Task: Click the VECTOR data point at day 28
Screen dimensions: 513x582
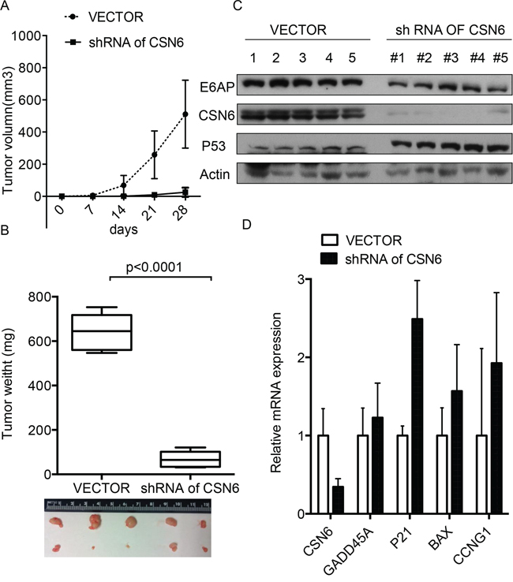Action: pyautogui.click(x=185, y=114)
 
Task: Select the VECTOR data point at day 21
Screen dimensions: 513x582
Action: pyautogui.click(x=154, y=155)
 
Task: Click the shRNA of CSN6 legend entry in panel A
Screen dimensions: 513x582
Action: pyautogui.click(x=125, y=43)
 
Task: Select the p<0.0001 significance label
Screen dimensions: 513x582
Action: pyautogui.click(x=154, y=267)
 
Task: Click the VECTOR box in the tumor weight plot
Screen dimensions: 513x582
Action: pyautogui.click(x=102, y=332)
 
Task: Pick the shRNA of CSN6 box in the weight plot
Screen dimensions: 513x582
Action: pyautogui.click(x=190, y=459)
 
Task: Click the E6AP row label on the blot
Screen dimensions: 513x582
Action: pyautogui.click(x=217, y=88)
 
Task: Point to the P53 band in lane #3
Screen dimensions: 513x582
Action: pyautogui.click(x=451, y=146)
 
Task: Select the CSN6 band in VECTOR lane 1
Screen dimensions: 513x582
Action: pyautogui.click(x=253, y=114)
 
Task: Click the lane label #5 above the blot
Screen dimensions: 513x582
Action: pyautogui.click(x=500, y=58)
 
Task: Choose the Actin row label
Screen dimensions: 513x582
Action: pyautogui.click(x=215, y=174)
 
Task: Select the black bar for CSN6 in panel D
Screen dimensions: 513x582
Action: pyautogui.click(x=338, y=500)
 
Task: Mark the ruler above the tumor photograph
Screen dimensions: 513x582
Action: pyautogui.click(x=128, y=506)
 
